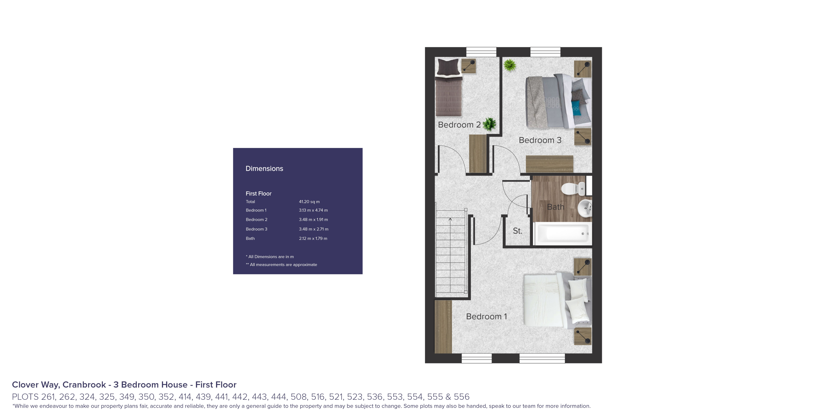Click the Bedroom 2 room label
tap(459, 125)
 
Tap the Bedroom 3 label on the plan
tap(540, 140)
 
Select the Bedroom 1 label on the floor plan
tap(486, 316)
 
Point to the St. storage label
tap(518, 231)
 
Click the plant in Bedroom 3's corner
tap(510, 65)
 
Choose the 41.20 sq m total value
tap(309, 202)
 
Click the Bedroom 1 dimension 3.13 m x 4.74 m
tap(313, 210)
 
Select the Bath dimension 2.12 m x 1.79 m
tap(313, 238)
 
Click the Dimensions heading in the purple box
tap(264, 169)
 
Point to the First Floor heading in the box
tap(258, 194)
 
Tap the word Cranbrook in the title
tap(84, 385)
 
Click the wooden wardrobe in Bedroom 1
tap(443, 327)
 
